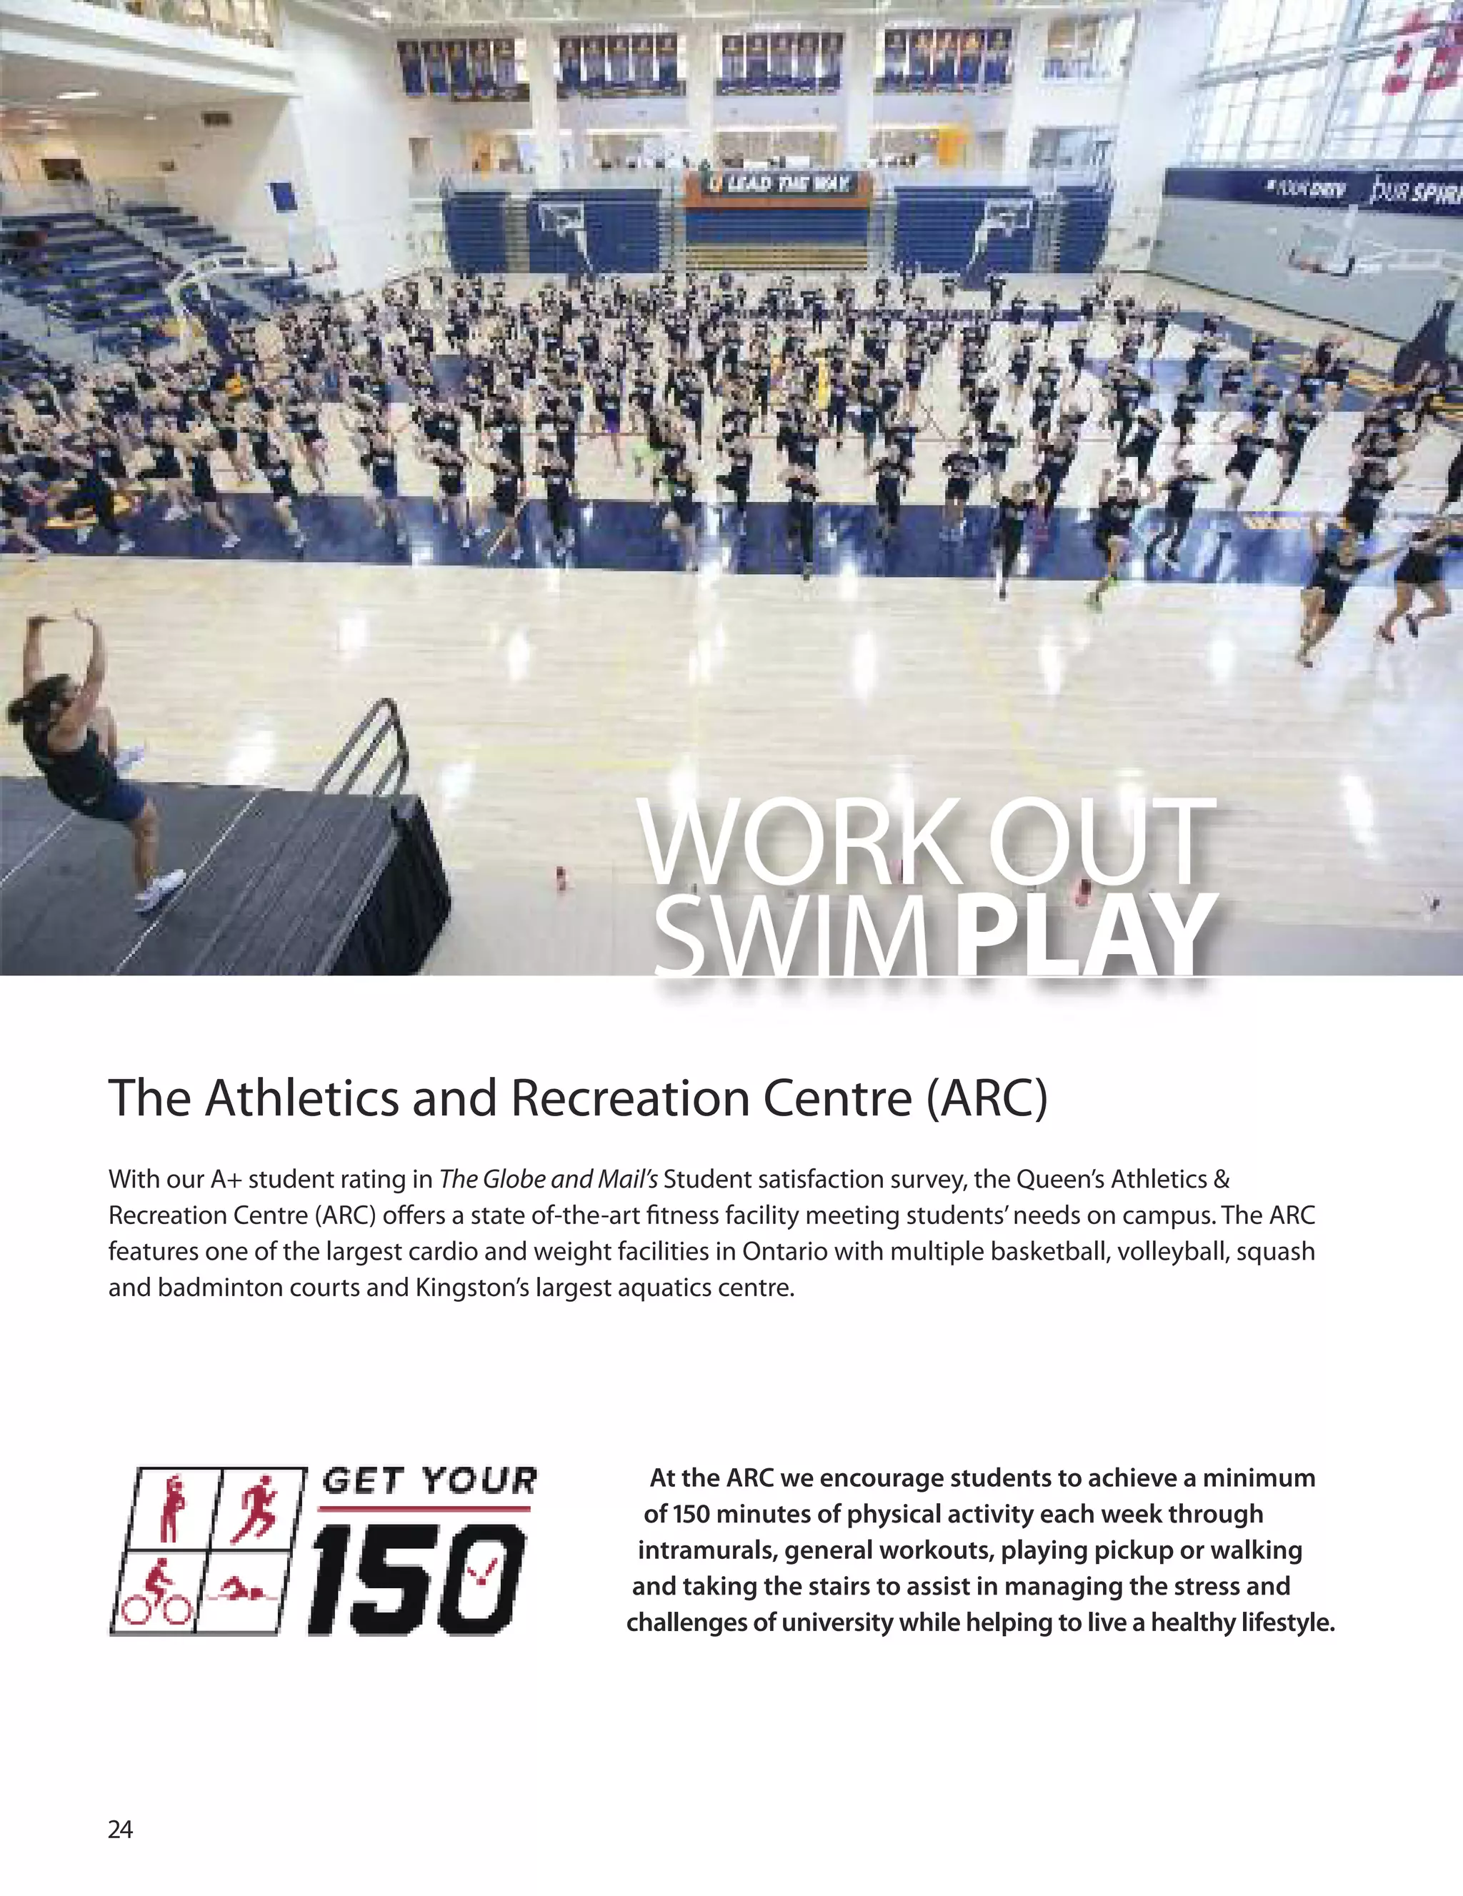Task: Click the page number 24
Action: tap(120, 1829)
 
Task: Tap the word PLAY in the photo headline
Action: tap(1084, 935)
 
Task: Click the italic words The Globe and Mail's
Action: tap(549, 1179)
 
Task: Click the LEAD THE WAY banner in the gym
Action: tap(777, 184)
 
